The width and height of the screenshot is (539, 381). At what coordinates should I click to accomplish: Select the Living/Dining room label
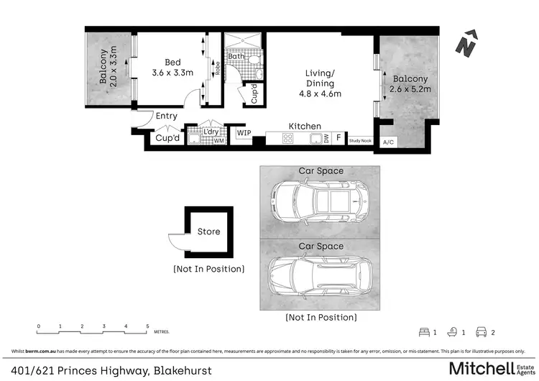pyautogui.click(x=320, y=83)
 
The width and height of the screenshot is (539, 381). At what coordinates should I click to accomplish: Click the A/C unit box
pyautogui.click(x=390, y=142)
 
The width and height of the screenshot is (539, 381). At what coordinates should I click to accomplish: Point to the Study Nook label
pyautogui.click(x=360, y=141)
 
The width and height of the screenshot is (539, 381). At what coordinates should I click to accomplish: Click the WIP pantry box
pyautogui.click(x=244, y=132)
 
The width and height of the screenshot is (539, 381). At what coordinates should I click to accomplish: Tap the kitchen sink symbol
pyautogui.click(x=314, y=139)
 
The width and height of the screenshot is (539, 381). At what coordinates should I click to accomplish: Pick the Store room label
pyautogui.click(x=208, y=231)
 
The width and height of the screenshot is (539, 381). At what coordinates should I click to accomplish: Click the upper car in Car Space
pyautogui.click(x=320, y=203)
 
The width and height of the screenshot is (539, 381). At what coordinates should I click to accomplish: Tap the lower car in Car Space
pyautogui.click(x=320, y=280)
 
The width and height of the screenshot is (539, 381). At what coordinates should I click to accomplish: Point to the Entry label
pyautogui.click(x=166, y=116)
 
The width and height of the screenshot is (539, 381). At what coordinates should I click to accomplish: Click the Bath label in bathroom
pyautogui.click(x=236, y=56)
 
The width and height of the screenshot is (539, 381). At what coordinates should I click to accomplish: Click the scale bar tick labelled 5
pyautogui.click(x=147, y=327)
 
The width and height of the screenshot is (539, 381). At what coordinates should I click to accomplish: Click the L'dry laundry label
pyautogui.click(x=211, y=132)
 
